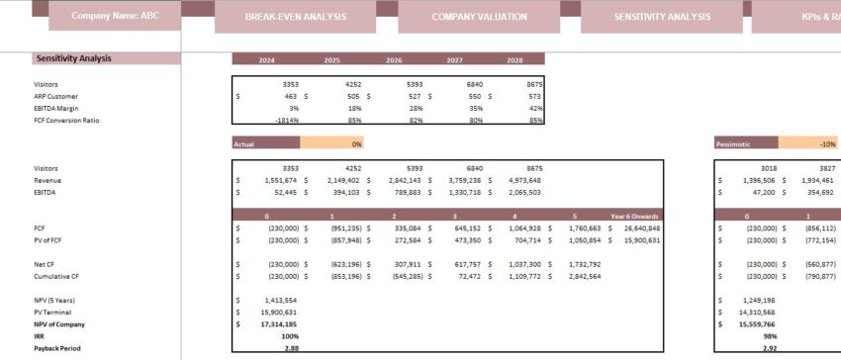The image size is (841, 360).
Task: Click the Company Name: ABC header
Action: pos(114,17)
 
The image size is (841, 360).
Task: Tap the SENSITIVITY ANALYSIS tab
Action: pos(662,18)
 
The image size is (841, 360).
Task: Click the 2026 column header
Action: pos(393,60)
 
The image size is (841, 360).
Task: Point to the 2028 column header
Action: pos(515,60)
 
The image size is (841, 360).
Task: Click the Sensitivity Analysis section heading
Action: pos(73,58)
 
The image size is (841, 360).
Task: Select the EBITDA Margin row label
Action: pos(57,109)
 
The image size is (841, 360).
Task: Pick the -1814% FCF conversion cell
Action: pos(287,121)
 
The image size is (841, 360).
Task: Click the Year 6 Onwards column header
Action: pos(633,216)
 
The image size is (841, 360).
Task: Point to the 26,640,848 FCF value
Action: pos(638,228)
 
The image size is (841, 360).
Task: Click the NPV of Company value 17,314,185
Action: pos(277,323)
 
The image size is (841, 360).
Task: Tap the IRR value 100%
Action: pos(289,336)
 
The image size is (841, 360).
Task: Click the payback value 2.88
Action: pos(291,348)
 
